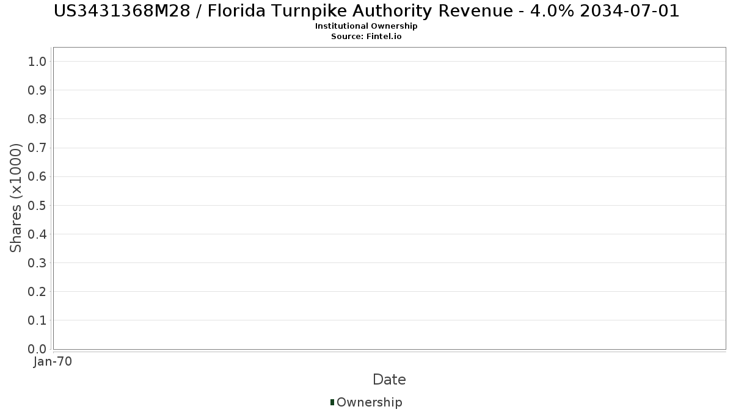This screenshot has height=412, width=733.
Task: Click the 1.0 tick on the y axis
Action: tap(37, 61)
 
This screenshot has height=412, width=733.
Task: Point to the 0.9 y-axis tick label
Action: tap(37, 90)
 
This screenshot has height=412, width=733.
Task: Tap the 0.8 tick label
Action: tap(37, 119)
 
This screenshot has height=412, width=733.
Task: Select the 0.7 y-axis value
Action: tap(37, 148)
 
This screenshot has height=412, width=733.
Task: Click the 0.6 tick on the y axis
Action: tap(37, 176)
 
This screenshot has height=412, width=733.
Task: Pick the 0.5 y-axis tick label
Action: tap(37, 205)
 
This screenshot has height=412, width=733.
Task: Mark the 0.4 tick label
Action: tap(37, 234)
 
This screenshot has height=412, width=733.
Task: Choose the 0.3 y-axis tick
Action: tap(37, 263)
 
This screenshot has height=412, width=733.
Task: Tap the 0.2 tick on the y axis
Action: tap(37, 292)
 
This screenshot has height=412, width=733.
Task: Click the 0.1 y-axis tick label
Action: tap(37, 320)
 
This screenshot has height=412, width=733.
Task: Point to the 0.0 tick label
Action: tap(37, 349)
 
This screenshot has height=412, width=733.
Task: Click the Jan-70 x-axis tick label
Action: tap(53, 362)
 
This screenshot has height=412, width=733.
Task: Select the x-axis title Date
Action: tap(389, 380)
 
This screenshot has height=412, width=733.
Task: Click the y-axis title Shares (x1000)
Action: tap(16, 198)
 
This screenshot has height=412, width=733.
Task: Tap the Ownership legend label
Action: tap(369, 402)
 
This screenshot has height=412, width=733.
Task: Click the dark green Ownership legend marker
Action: tap(332, 402)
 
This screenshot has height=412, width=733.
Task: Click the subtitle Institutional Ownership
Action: tap(366, 26)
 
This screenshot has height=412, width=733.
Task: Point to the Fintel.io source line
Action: tap(366, 36)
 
